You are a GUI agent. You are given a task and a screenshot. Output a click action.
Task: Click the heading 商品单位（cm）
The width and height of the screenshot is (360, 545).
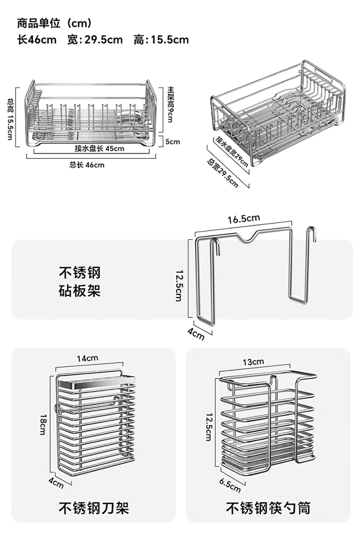click(x=55, y=24)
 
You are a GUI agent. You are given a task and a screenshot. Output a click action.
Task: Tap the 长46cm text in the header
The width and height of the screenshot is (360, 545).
click(x=37, y=40)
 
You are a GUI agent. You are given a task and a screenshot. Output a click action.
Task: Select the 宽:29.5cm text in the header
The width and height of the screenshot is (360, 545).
click(x=95, y=40)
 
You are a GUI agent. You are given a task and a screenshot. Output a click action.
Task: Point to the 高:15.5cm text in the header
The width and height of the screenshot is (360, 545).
click(x=161, y=40)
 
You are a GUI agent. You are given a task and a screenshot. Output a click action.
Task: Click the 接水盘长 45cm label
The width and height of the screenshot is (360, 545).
click(x=99, y=148)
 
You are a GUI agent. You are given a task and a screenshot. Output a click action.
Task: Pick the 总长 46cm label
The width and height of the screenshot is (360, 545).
click(x=87, y=165)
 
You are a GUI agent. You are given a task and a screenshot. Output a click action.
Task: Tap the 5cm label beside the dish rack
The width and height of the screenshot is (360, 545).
click(x=173, y=141)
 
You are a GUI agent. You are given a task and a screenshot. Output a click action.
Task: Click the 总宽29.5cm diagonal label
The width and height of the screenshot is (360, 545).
click(x=223, y=172)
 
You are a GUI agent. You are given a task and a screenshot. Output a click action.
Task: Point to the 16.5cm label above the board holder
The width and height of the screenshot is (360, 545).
click(x=244, y=219)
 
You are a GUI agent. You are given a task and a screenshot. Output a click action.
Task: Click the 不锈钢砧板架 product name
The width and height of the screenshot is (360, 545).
click(x=80, y=281)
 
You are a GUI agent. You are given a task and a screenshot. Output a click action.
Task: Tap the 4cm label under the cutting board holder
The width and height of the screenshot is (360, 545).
click(x=196, y=334)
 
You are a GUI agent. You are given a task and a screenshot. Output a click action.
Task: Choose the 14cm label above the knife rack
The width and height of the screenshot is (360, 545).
click(x=87, y=358)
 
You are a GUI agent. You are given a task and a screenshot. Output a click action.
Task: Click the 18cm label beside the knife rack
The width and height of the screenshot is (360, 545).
click(x=43, y=424)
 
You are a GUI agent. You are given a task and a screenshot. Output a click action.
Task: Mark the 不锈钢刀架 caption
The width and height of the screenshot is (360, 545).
click(x=94, y=508)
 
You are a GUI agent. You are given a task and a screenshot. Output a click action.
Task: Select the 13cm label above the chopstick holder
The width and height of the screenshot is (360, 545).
click(x=253, y=362)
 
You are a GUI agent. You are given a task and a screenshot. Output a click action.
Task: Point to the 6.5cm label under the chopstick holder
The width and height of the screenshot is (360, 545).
click(x=230, y=485)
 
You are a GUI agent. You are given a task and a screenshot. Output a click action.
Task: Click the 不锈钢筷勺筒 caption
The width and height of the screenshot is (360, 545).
click(x=268, y=508)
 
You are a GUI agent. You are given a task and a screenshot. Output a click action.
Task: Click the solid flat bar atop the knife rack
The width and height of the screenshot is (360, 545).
click(x=95, y=383)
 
